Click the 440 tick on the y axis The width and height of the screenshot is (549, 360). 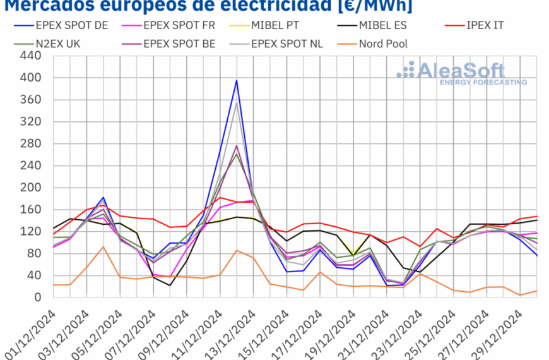pyautogui.click(x=31, y=56)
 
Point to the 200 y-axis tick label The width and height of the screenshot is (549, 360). pyautogui.click(x=31, y=188)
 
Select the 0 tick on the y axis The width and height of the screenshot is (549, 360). pyautogui.click(x=37, y=297)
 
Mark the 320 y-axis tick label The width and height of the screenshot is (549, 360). pyautogui.click(x=31, y=122)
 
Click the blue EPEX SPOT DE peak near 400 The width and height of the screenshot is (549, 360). pyautogui.click(x=237, y=80)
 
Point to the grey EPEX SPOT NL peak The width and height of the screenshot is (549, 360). pyautogui.click(x=237, y=102)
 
